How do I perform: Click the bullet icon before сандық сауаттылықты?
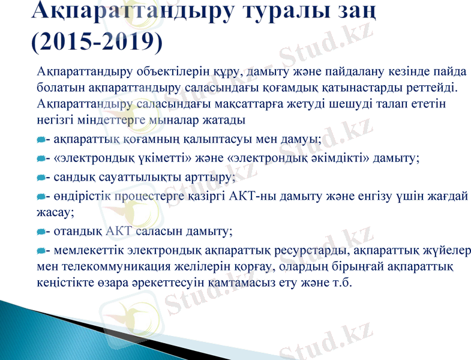pyautogui.click(x=40, y=178)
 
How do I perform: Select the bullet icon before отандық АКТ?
pyautogui.click(x=40, y=230)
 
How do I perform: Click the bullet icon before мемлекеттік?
pyautogui.click(x=40, y=250)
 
